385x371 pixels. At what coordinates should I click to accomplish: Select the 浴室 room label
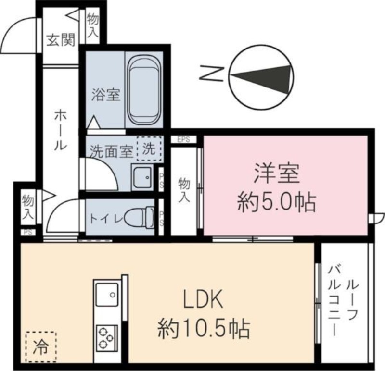coord(105,95)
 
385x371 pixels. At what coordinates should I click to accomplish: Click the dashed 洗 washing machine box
coord(149,149)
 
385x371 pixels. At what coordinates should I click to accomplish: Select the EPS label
coord(183,140)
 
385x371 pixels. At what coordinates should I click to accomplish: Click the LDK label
coord(203,301)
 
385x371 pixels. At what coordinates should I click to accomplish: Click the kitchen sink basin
coord(106,294)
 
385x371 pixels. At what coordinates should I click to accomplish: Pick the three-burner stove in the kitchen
coord(107,336)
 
